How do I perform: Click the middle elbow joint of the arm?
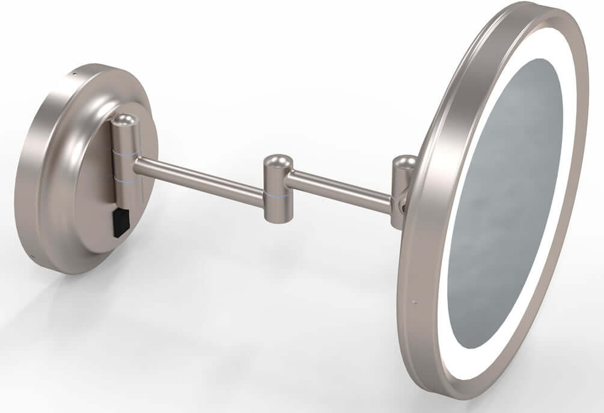[277, 189]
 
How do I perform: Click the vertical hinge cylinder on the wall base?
[126, 162]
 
